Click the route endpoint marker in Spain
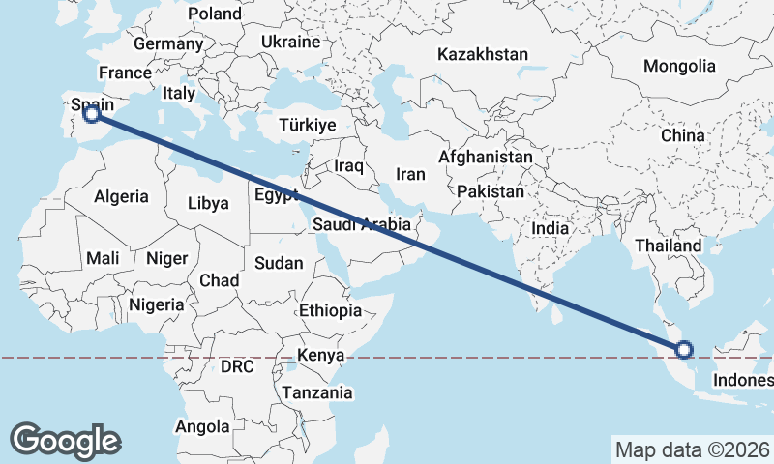[92, 114]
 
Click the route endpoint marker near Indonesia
[684, 350]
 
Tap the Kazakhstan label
[483, 54]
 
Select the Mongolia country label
[681, 66]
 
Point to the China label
[683, 135]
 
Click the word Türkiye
[307, 126]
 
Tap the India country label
[551, 228]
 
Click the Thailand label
[669, 246]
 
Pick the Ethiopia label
[330, 310]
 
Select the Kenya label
[321, 355]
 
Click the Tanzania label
[316, 393]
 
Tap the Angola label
[202, 426]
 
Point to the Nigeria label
[157, 304]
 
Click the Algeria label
[122, 196]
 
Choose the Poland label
[216, 14]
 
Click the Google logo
[65, 440]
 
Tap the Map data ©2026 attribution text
[692, 449]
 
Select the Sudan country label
[279, 263]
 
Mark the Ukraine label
[290, 43]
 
